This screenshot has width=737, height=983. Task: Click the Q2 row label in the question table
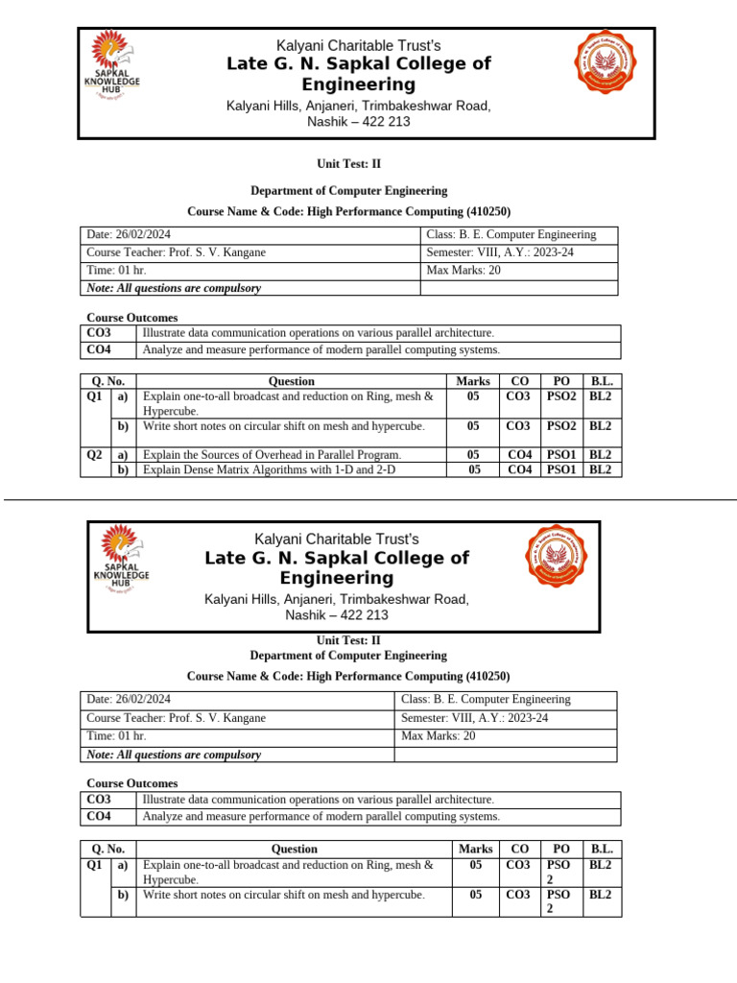pos(94,454)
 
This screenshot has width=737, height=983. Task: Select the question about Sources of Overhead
pos(272,454)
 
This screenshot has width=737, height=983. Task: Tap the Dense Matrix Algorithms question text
pos(268,469)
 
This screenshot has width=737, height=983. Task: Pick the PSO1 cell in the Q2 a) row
pos(562,454)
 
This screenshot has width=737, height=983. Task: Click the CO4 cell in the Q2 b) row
pos(519,469)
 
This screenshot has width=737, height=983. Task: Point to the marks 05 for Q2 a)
pos(473,454)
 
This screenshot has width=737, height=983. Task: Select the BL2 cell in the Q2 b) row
pos(601,469)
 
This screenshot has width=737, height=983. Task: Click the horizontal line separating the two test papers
pos(368,499)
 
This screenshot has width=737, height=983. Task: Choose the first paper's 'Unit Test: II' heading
pos(348,164)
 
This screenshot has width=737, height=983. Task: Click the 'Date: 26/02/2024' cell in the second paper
pos(129,700)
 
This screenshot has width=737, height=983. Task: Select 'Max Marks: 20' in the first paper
pos(464,270)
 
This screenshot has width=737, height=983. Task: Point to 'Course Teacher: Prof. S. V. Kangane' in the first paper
pos(177,252)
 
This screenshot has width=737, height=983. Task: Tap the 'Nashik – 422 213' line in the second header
pos(337,615)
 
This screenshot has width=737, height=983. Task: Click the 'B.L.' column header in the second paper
pos(602,849)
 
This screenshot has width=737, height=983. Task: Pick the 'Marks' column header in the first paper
pos(473,381)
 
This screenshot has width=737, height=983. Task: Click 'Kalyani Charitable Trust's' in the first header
pos(358,46)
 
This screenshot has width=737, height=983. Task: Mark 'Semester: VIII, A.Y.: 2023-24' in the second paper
pos(474,718)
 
